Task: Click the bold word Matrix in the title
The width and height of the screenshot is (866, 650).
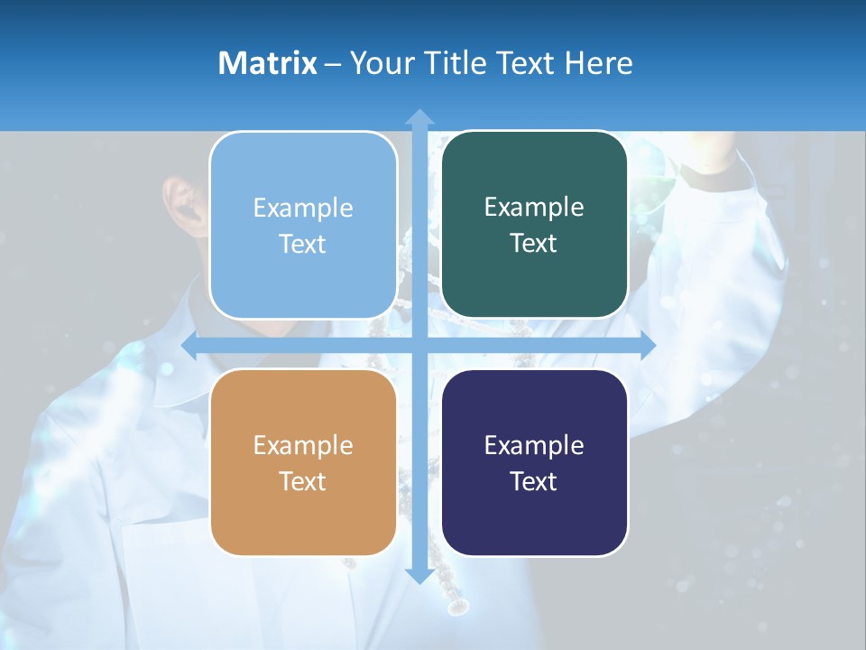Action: (267, 63)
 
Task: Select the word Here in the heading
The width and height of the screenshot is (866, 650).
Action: (598, 63)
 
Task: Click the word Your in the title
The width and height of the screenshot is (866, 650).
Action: (378, 63)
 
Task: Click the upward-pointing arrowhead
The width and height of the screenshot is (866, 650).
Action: (419, 116)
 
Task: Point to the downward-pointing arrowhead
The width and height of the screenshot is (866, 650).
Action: (419, 575)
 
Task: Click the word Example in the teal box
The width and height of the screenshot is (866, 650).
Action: (534, 208)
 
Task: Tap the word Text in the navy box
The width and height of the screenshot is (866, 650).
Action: (534, 481)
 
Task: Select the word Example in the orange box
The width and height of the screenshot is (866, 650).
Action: (303, 445)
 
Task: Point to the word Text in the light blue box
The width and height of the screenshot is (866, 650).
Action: (303, 244)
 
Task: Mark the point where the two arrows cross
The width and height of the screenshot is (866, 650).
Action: (419, 346)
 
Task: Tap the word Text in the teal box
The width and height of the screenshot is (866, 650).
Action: (534, 243)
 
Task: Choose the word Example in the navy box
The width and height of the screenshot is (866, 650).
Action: (534, 445)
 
